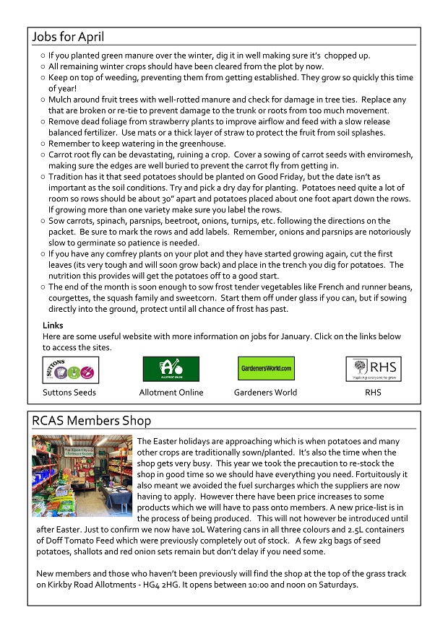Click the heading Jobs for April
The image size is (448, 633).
[x=73, y=38]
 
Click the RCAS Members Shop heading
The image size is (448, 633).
[x=91, y=420]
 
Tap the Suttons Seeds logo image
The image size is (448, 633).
[x=71, y=370]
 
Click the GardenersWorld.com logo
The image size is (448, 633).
[x=265, y=369]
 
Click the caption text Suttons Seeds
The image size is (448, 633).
[x=69, y=393]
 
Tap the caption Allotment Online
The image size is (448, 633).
[x=171, y=393]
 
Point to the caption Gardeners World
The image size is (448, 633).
[x=265, y=393]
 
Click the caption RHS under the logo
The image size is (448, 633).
[x=373, y=393]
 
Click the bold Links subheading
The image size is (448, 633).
[x=53, y=326]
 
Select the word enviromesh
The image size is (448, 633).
[x=387, y=154]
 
